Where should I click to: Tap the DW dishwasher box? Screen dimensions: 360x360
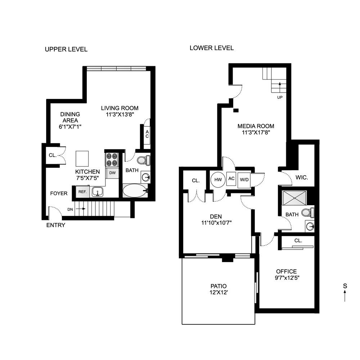pyautogui.click(x=112, y=173)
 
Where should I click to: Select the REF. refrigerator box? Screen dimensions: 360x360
pyautogui.click(x=82, y=192)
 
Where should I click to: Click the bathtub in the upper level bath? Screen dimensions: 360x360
pyautogui.click(x=135, y=190)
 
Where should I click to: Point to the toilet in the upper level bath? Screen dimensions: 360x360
pyautogui.click(x=143, y=160)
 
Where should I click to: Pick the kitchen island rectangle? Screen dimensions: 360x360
pyautogui.click(x=82, y=158)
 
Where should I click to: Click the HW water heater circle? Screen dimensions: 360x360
pyautogui.click(x=218, y=179)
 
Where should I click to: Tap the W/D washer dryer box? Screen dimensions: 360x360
pyautogui.click(x=244, y=179)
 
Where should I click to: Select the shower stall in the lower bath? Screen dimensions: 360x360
pyautogui.click(x=294, y=198)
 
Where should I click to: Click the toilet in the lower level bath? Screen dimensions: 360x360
pyautogui.click(x=307, y=212)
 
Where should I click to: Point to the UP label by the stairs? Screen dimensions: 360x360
pyautogui.click(x=280, y=98)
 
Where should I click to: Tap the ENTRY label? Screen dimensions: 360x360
pyautogui.click(x=56, y=225)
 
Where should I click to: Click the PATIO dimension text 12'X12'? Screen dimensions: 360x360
pyautogui.click(x=219, y=293)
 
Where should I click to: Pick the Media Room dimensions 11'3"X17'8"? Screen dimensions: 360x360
pyautogui.click(x=256, y=132)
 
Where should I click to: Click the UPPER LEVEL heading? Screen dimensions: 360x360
pyautogui.click(x=66, y=49)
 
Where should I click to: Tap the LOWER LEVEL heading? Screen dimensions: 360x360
pyautogui.click(x=212, y=48)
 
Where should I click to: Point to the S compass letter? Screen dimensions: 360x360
pyautogui.click(x=345, y=286)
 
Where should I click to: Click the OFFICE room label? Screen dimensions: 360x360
pyautogui.click(x=286, y=271)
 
